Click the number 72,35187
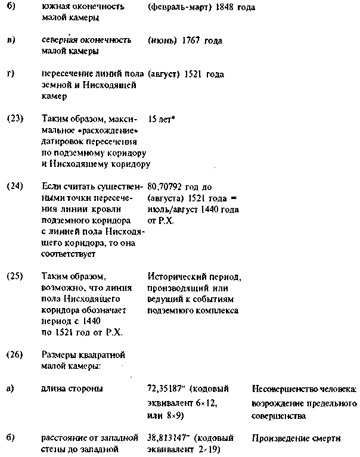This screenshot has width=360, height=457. click(x=167, y=389)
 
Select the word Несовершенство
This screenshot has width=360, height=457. click(x=283, y=389)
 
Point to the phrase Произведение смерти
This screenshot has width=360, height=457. click(x=296, y=439)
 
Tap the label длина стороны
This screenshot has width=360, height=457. click(x=72, y=389)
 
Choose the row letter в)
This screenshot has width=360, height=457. click(x=11, y=41)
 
